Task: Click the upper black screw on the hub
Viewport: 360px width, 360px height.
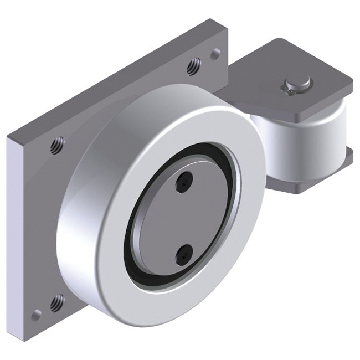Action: point(183,181)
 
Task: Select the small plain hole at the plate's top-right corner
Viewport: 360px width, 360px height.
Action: point(215,54)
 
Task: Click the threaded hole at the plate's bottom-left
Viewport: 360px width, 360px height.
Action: point(56,302)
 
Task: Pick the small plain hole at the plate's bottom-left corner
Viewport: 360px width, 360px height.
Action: point(36,315)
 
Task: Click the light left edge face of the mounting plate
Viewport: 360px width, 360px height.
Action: point(16,233)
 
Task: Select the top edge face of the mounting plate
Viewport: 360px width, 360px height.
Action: point(111,78)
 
